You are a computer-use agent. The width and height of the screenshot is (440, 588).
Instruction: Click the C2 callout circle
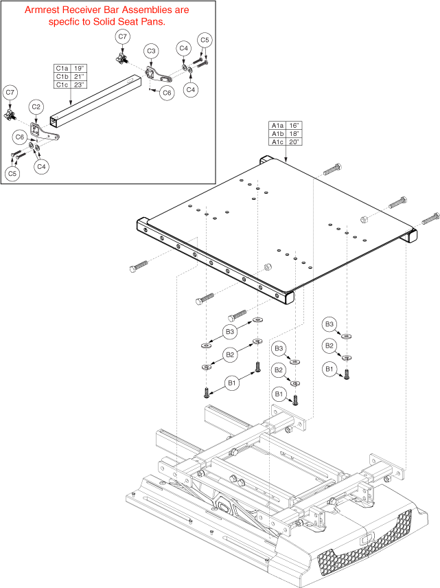click(37, 106)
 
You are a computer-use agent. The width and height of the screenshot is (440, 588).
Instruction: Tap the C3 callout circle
click(151, 51)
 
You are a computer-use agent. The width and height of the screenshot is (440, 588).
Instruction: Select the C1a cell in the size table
click(62, 69)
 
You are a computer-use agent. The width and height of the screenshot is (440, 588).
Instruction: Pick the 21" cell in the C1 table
click(79, 77)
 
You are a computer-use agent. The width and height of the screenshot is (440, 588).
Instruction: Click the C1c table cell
click(62, 84)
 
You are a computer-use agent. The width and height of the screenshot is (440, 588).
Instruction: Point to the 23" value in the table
click(79, 84)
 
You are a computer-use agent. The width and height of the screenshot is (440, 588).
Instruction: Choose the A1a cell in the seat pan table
click(277, 126)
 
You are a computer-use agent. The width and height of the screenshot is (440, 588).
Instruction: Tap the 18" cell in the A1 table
click(294, 133)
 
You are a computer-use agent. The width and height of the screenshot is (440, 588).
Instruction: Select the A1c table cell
click(277, 142)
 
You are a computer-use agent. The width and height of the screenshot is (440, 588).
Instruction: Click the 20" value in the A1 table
click(294, 142)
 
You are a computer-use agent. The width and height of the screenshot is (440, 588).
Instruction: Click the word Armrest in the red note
click(44, 10)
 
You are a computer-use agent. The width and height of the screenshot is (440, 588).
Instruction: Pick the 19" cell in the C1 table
click(79, 69)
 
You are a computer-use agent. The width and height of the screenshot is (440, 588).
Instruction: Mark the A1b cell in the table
click(277, 133)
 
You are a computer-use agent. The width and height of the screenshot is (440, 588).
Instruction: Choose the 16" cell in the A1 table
click(294, 126)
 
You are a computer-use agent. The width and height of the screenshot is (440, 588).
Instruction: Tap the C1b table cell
click(62, 77)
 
